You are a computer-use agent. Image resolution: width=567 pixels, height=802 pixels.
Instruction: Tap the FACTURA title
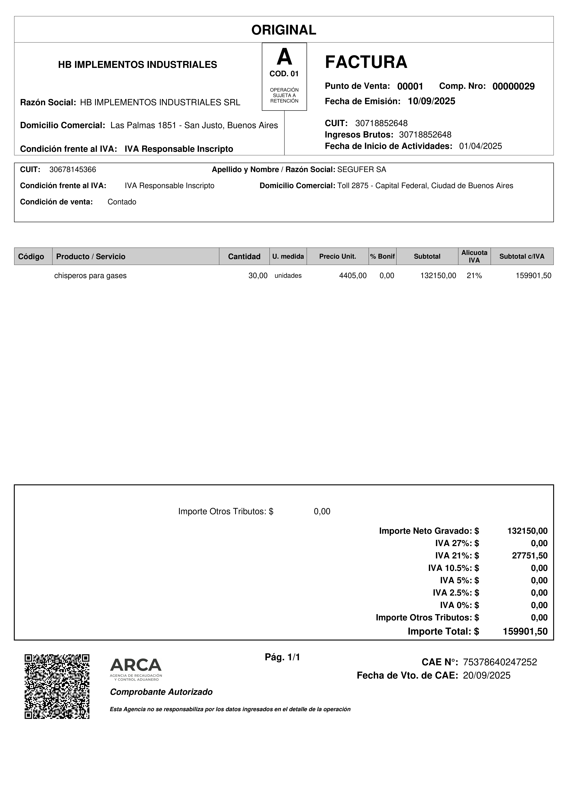coord(366,62)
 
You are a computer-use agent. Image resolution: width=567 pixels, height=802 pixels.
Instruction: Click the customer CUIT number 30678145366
coord(73,170)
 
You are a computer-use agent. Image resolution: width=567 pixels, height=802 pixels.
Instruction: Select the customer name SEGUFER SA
coord(362,170)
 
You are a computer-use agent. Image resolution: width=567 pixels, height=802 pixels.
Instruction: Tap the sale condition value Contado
coord(122,202)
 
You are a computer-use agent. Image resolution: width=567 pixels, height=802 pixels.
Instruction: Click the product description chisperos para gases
coord(90,276)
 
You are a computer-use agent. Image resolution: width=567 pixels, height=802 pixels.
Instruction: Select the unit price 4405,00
coord(353,276)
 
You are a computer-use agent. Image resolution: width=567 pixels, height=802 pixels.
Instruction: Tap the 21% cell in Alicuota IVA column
coord(474,276)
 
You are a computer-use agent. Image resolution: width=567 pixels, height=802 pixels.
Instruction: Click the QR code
coord(57,686)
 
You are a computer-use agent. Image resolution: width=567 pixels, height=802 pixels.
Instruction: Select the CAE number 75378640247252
coord(500,662)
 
